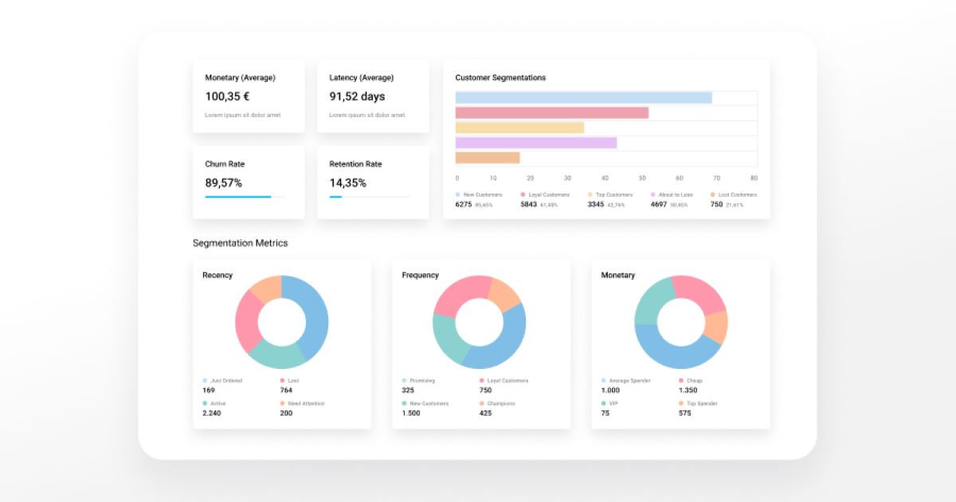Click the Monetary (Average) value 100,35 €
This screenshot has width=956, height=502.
pyautogui.click(x=227, y=96)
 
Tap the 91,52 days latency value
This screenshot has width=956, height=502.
pyautogui.click(x=356, y=96)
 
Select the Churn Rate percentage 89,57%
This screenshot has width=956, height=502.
pyautogui.click(x=223, y=182)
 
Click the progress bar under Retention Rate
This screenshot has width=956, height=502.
pyautogui.click(x=370, y=197)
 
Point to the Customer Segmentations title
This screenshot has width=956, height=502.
pyautogui.click(x=500, y=78)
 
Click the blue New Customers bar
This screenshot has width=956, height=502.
pyautogui.click(x=583, y=98)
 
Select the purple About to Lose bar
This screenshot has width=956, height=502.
pyautogui.click(x=536, y=143)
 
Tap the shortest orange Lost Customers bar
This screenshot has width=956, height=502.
pyautogui.click(x=488, y=158)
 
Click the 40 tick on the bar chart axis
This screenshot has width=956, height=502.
pyautogui.click(x=605, y=178)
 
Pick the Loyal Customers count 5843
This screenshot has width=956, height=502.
pyautogui.click(x=528, y=205)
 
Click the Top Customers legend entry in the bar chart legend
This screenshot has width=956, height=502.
pyautogui.click(x=613, y=194)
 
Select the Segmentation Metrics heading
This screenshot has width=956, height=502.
pyautogui.click(x=240, y=243)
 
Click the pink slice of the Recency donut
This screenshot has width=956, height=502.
pyautogui.click(x=248, y=320)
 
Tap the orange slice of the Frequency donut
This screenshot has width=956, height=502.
pyautogui.click(x=505, y=294)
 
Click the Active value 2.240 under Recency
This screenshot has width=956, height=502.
pyautogui.click(x=213, y=413)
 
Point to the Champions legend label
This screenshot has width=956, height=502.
pyautogui.click(x=500, y=404)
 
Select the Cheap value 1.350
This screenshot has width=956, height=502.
pyautogui.click(x=688, y=390)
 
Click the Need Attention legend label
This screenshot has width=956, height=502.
pyautogui.click(x=306, y=404)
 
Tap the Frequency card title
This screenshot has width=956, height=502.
pyautogui.click(x=420, y=275)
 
